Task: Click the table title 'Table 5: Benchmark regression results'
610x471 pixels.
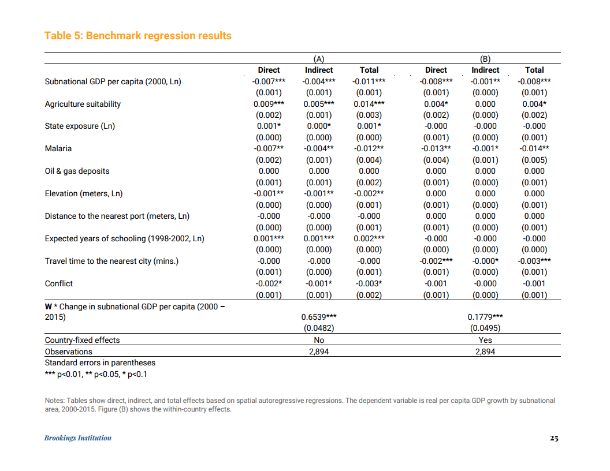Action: pos(137,36)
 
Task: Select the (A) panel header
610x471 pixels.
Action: pos(318,59)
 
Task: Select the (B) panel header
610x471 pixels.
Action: pos(485,59)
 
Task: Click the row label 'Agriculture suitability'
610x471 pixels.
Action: pos(83,104)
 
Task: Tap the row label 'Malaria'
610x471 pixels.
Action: pos(58,149)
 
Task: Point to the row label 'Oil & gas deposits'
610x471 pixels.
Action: pos(77,171)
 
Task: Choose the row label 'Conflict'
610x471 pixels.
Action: pos(59,283)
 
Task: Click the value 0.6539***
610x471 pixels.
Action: pos(319,317)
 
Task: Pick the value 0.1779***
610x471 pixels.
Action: pos(485,317)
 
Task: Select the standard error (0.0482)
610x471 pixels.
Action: pos(319,328)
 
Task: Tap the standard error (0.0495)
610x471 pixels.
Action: pos(485,328)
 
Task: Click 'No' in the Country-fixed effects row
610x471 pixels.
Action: pos(318,340)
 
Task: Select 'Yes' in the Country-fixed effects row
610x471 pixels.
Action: pos(485,340)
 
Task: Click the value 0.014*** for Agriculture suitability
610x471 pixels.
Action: pos(369,104)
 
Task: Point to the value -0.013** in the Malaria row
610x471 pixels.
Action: pos(436,149)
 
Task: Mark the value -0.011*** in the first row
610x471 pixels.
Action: pos(369,81)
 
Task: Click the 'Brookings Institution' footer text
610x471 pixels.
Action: pos(78,438)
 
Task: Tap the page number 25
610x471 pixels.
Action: pos(553,438)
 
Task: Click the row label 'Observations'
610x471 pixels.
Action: pos(68,352)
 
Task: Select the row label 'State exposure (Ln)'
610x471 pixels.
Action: pos(80,126)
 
